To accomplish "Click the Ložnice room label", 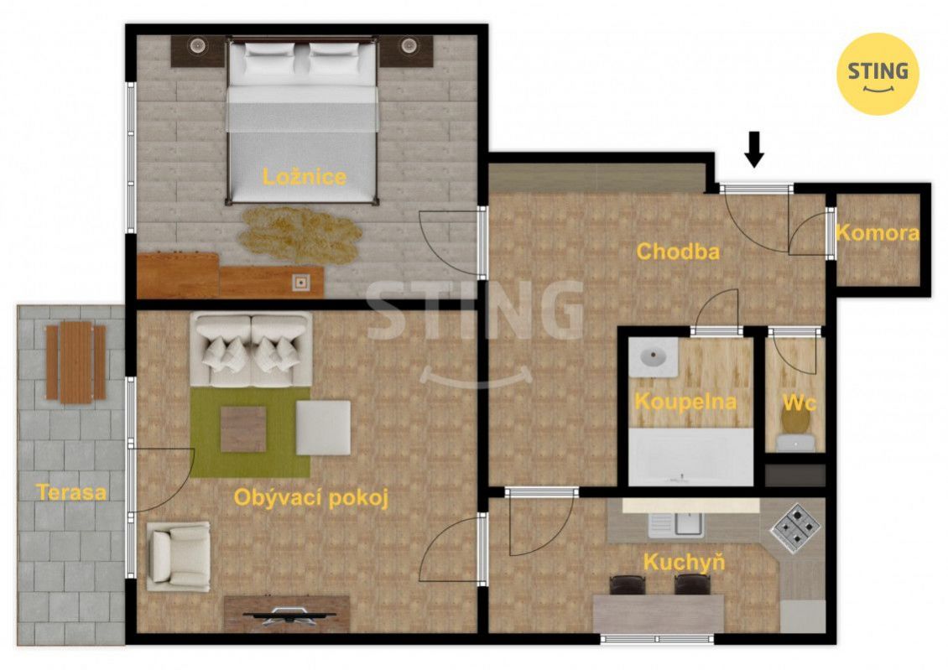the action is pos(304,176).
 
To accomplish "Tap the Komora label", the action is pos(878,232).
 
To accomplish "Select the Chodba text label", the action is pos(678,252).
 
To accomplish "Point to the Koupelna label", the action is pos(685,402).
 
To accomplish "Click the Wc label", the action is pos(800,403).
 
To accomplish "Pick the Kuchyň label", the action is pos(684,563).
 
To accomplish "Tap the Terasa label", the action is pos(71,491).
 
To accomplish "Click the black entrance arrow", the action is pos(754,148).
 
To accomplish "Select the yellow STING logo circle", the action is pos(878,74).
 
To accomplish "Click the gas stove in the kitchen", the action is pos(794,528).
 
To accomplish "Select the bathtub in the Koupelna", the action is pos(691,457).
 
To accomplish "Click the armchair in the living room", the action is pos(179,557).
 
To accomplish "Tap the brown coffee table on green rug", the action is pos(243,429).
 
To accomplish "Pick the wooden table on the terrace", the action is pos(76,362).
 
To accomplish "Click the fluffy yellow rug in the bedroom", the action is pos(300,235).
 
